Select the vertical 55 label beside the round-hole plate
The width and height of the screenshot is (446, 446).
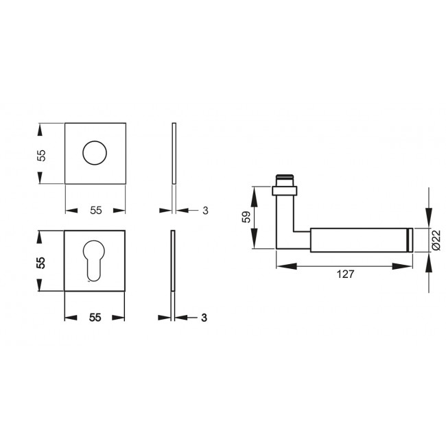41,154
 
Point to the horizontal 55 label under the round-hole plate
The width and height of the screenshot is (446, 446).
95,210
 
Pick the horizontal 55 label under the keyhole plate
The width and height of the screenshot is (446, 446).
95,317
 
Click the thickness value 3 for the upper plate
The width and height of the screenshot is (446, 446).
205,210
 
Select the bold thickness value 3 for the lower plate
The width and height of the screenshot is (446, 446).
205,317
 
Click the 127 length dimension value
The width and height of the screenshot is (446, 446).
345,274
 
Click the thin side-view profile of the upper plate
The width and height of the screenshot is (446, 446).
174,153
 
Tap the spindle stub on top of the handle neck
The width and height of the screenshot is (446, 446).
286,179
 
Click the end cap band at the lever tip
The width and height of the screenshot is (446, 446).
410,238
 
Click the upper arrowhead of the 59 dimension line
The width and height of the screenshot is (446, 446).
255,191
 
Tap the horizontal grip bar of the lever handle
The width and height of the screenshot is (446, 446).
357,238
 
